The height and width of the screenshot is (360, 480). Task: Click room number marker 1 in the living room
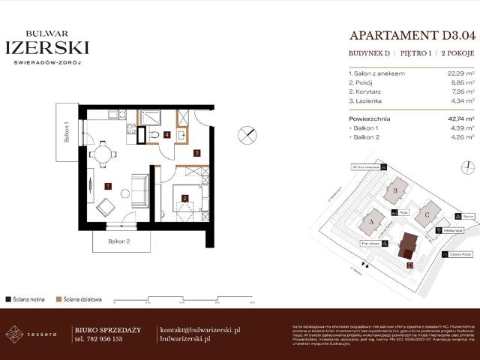point(108,184)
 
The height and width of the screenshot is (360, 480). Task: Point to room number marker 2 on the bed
point(184,198)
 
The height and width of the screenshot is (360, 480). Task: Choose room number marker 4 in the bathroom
point(167,136)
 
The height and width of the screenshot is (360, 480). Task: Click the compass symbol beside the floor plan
point(247,135)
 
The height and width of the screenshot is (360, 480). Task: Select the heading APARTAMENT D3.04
point(412,35)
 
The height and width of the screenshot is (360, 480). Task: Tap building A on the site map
point(373,222)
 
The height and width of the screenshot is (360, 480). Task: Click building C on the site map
point(427,212)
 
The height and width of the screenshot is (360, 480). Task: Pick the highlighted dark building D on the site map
point(409,245)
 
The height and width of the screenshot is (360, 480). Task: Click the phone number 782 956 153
point(99,339)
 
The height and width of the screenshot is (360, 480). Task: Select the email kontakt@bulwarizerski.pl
point(200,329)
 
